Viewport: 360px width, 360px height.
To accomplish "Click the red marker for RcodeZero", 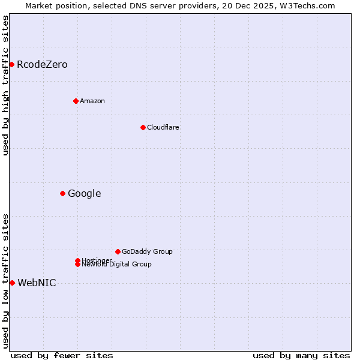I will [11, 64].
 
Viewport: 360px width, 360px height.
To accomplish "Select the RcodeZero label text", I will [42, 65].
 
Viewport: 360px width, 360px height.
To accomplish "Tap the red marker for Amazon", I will [76, 101].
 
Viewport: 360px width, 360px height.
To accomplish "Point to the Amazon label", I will [92, 101].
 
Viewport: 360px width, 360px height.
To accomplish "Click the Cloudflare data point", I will [143, 127].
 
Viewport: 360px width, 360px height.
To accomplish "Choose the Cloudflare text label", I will [163, 127].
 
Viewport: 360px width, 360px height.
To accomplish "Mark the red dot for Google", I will [62, 193].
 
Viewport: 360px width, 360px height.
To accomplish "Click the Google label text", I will [84, 193].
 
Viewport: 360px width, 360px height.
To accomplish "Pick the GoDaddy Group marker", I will [118, 251].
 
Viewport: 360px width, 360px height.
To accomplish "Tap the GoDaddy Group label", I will [147, 251].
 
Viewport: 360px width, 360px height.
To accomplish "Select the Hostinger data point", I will [77, 260].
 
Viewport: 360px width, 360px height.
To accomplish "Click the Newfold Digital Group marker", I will [78, 265].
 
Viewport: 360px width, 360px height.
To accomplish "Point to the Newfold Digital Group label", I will [117, 265].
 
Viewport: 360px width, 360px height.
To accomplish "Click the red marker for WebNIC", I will [12, 283].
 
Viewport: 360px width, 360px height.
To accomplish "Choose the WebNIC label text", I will [37, 283].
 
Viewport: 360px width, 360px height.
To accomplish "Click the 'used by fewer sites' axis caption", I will [62, 355].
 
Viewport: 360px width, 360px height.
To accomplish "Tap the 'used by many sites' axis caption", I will [301, 355].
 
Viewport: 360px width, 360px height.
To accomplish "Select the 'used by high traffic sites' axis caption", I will [5, 85].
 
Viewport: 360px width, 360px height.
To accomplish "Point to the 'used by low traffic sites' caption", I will [5, 281].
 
